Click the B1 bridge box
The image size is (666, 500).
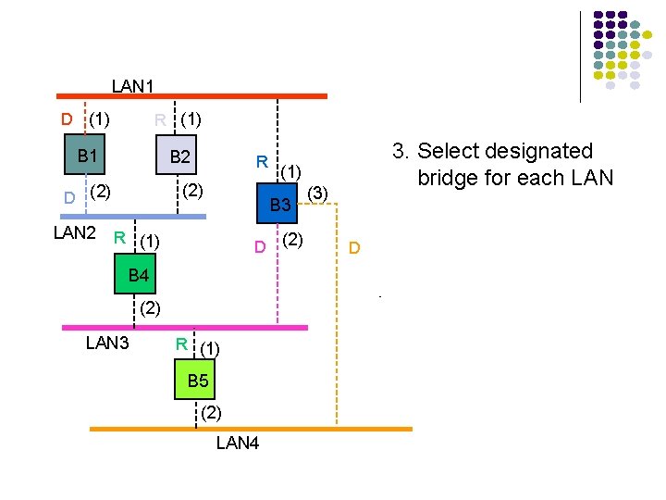[88, 156]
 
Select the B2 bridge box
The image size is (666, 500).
[179, 156]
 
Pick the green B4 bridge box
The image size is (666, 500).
[139, 274]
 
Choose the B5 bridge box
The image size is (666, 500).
[198, 381]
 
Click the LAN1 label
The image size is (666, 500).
[132, 86]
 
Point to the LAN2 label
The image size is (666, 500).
[75, 232]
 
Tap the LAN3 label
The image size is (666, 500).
[107, 343]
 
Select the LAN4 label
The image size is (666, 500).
[238, 443]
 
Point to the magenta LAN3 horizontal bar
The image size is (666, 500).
[184, 327]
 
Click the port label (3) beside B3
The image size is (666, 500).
[317, 192]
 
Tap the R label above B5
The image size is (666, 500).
[182, 344]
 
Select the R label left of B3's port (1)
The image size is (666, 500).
[262, 162]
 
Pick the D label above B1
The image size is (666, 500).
[67, 119]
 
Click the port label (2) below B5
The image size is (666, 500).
[210, 410]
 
